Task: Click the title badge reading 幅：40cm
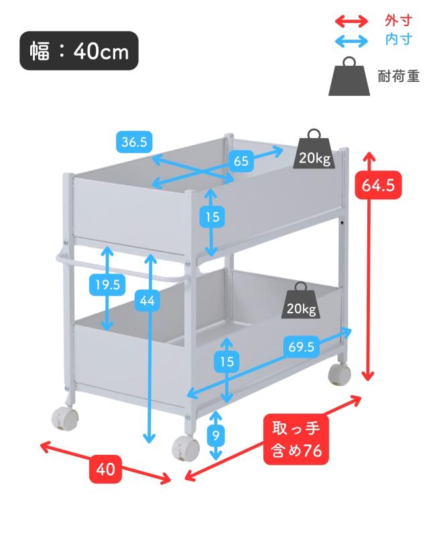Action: point(79,51)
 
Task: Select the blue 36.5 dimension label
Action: point(134,142)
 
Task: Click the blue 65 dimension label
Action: point(241,161)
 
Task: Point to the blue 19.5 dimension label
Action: point(107,284)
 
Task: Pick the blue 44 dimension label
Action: point(147,302)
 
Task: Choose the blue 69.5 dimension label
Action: point(302,347)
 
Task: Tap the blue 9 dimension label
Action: point(215,435)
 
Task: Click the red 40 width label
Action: point(105,470)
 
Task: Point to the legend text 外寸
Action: point(398,20)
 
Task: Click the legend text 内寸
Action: point(398,40)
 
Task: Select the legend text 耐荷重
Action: point(398,76)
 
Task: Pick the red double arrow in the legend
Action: point(352,21)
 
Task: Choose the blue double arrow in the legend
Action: point(352,40)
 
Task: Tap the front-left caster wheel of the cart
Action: point(64,418)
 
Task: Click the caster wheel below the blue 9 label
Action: point(184,447)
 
